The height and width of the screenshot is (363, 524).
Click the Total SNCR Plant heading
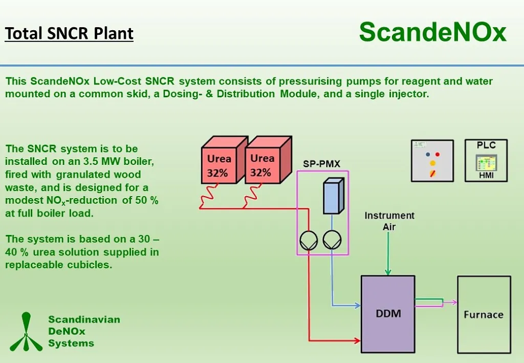coord(69,33)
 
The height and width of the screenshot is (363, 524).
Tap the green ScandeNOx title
coord(432,32)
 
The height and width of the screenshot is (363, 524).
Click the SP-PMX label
coord(321,164)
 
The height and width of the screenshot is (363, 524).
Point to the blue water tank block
coord(332,196)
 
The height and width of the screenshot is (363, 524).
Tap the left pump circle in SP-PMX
coord(309,240)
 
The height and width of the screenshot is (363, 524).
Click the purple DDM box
coord(387,314)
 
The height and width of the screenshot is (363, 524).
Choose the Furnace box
coord(484,314)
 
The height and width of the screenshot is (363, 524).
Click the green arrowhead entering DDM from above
coord(388,271)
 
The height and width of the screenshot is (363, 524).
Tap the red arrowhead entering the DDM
coord(357,340)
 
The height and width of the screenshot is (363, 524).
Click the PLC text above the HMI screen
coord(486,145)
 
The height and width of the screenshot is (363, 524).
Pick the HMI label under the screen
coord(486,176)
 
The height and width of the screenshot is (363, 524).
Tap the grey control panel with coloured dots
coord(432,160)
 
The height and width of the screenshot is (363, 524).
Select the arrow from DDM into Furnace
coord(451,303)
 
